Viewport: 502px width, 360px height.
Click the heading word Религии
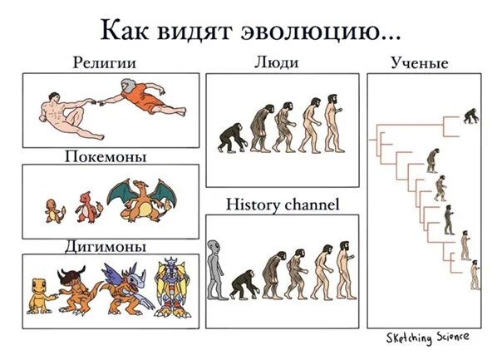103,62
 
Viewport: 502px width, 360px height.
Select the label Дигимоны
105,246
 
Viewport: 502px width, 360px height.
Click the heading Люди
276,62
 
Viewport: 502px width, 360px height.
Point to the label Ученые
420,63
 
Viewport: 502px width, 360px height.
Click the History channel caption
283,204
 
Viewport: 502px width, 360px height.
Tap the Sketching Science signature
427,337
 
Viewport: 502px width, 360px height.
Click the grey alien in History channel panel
216,269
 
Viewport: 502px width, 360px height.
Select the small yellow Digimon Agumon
39,292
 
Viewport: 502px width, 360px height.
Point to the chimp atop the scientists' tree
470,115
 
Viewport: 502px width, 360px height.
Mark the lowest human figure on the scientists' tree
475,275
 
